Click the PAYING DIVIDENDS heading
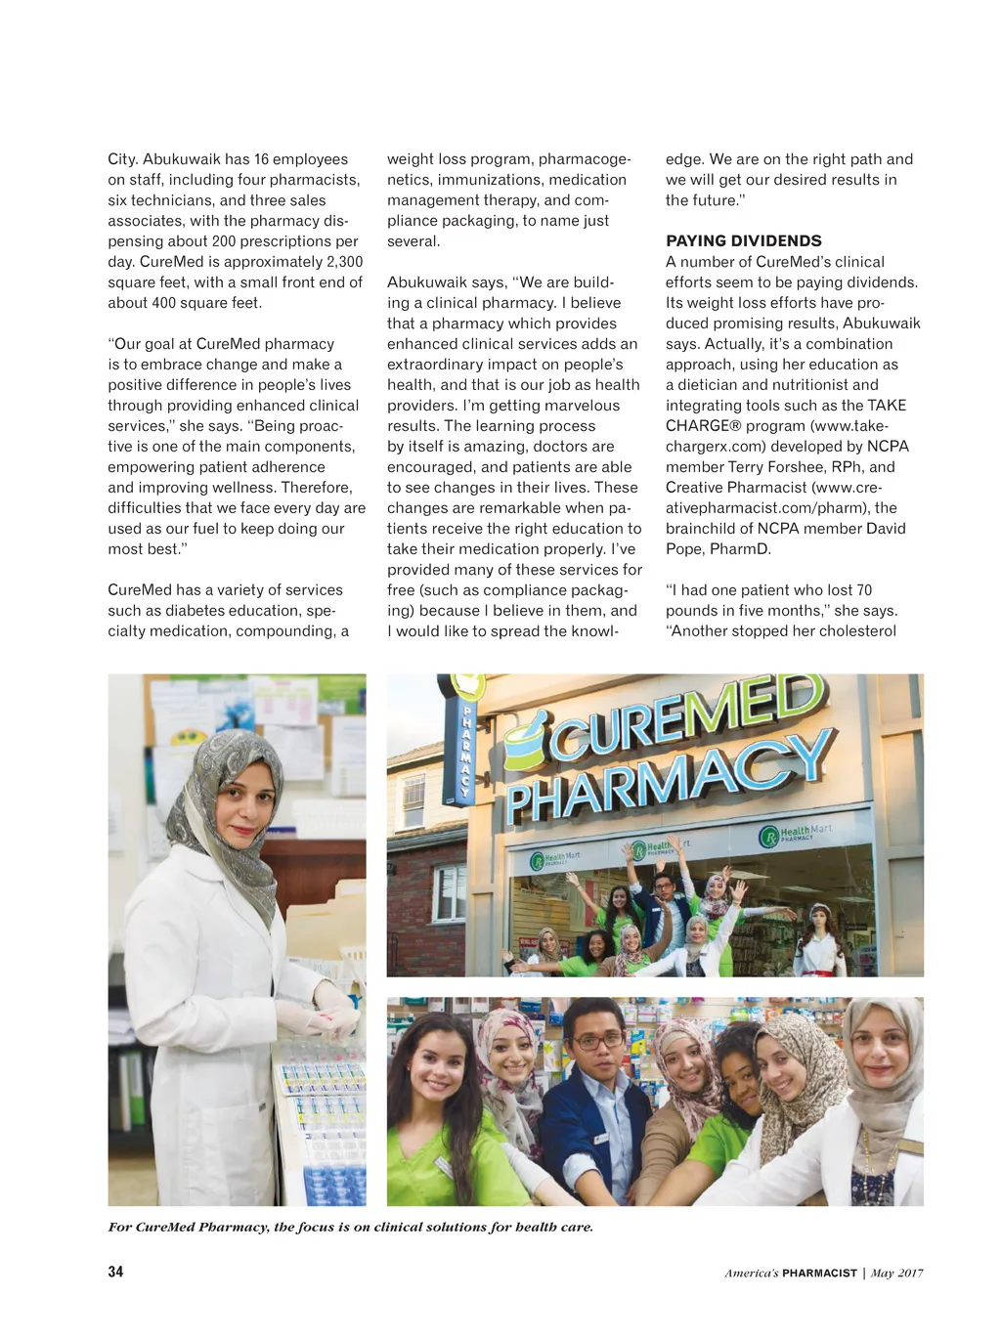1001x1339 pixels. [x=743, y=241]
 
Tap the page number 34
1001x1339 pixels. [x=115, y=1272]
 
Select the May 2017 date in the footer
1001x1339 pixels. [x=896, y=1274]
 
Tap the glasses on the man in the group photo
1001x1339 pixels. [x=596, y=1041]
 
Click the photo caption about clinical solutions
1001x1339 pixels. [x=350, y=1228]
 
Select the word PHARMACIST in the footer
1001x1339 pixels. [x=819, y=1274]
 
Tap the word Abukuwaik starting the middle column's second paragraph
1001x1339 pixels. [x=427, y=282]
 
